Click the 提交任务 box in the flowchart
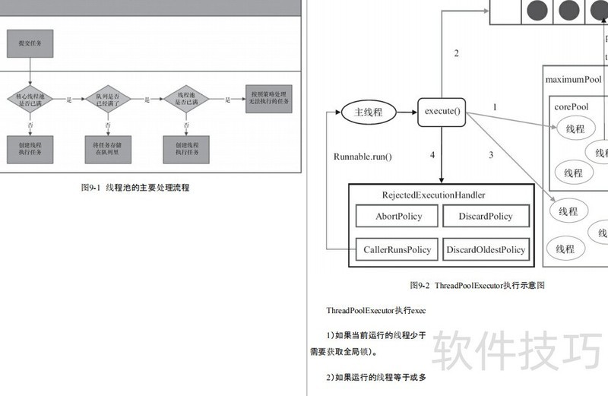[30, 43]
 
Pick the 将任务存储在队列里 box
[107, 147]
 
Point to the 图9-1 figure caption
[135, 188]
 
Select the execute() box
[442, 112]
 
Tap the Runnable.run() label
[363, 157]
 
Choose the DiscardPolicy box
[486, 217]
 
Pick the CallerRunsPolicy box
[396, 249]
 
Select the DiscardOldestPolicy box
[486, 249]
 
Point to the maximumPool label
[573, 79]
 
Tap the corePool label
[571, 108]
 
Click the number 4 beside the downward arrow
[432, 155]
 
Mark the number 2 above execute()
[457, 53]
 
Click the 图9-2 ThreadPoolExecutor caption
[477, 286]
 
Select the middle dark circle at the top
[568, 11]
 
